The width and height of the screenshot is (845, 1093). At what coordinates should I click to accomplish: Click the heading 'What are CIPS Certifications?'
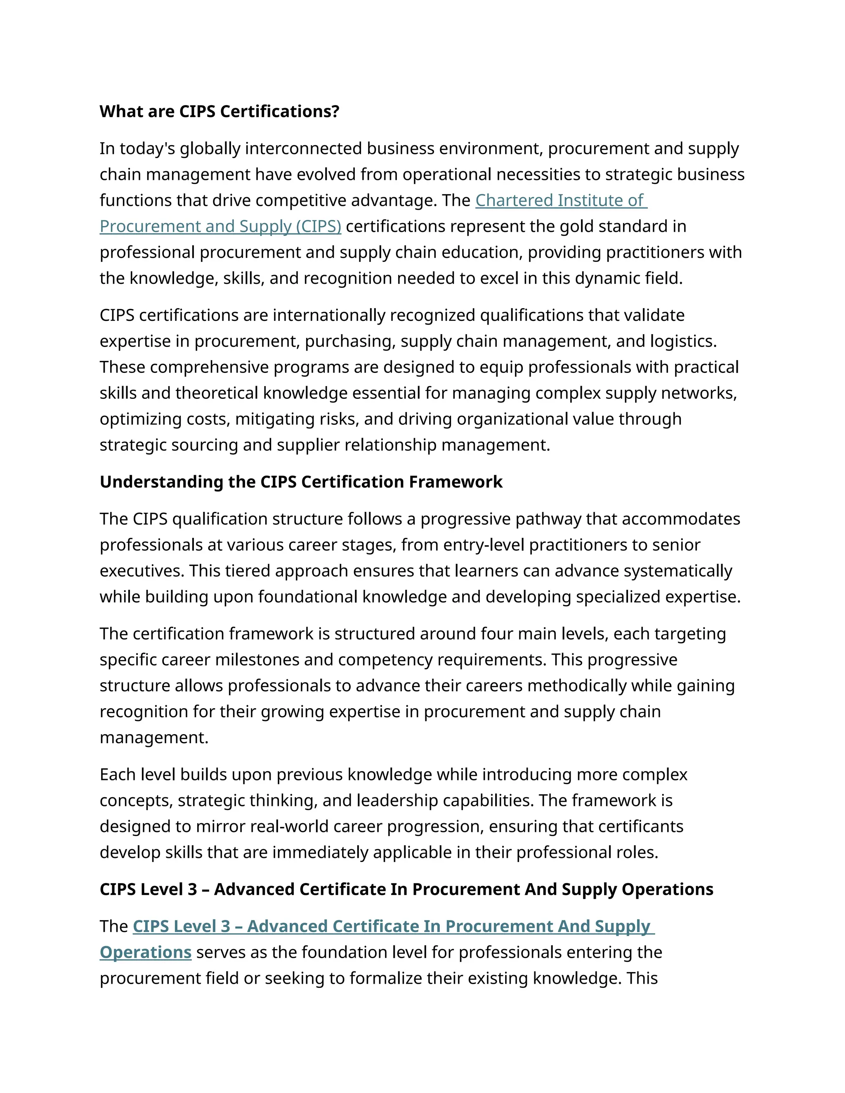coord(219,111)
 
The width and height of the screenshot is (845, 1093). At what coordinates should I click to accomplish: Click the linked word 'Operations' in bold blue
coord(146,952)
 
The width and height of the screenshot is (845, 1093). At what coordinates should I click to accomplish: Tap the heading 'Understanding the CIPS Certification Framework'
coord(301,481)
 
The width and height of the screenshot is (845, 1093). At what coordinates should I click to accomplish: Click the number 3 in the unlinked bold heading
coord(192,889)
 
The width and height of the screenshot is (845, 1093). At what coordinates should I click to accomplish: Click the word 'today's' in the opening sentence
coord(147,148)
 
